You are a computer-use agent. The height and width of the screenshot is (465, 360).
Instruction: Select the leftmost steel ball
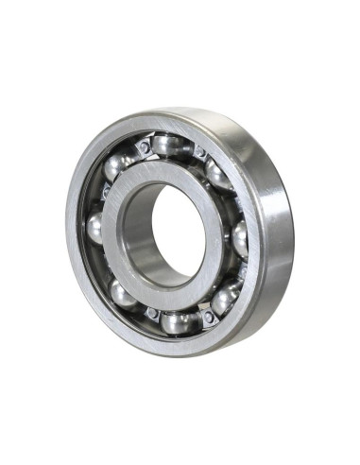[94, 228]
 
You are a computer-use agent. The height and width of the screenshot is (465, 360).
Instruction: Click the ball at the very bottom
[177, 321]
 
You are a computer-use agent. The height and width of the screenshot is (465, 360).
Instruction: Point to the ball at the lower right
[224, 300]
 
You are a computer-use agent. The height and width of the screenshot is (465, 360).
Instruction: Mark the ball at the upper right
[219, 176]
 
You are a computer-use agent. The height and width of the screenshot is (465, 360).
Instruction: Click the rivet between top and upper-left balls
[144, 147]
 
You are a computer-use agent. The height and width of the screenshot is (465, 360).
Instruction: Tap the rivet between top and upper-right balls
[198, 151]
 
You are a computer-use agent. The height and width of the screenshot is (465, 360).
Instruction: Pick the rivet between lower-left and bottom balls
[151, 313]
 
